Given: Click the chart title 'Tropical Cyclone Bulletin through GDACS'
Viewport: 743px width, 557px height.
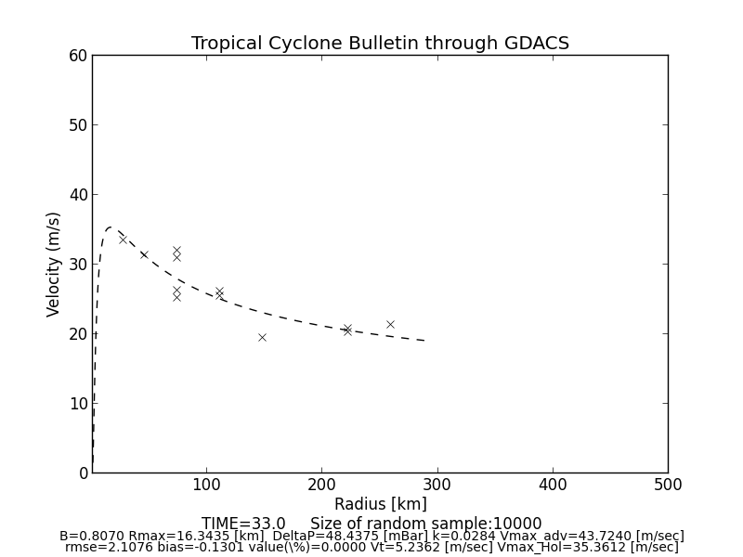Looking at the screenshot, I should point(380,44).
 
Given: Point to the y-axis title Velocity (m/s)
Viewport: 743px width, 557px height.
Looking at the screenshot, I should point(54,264).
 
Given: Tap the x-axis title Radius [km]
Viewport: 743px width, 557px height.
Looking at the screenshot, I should point(380,504).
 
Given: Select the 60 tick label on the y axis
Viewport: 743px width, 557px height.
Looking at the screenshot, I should point(77,56).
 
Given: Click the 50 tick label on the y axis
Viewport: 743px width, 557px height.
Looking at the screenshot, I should point(77,125).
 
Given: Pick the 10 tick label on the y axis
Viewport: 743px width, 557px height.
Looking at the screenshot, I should point(77,403).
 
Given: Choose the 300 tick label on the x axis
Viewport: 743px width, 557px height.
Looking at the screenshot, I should point(437,485).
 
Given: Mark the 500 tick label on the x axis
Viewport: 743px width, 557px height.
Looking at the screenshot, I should point(667,485).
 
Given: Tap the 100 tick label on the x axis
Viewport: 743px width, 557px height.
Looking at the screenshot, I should point(207,485).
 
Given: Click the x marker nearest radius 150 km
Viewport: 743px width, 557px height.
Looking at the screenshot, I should point(262,337).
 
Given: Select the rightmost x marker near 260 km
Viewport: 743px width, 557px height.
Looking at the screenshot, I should point(390,325).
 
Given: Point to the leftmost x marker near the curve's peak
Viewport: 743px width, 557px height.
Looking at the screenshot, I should point(123,239).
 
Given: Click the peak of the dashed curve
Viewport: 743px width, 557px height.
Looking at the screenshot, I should point(110,227).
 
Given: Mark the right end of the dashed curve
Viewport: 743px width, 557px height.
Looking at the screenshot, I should point(424,341).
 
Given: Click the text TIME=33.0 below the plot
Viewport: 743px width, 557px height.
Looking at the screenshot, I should point(243,524).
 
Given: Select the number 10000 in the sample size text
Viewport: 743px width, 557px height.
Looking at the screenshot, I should point(516,524).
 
